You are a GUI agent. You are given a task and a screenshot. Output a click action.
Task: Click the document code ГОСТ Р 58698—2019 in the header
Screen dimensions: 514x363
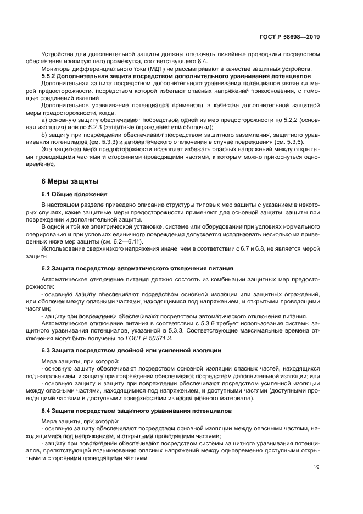click(289, 37)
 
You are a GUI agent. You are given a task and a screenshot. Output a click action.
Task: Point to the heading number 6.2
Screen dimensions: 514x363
click(47, 268)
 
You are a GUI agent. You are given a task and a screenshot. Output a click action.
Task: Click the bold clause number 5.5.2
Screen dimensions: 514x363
click(50, 75)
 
